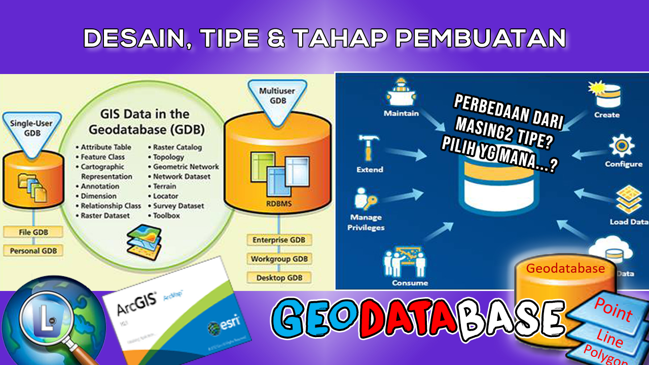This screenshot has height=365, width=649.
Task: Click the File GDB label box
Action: tap(33, 232)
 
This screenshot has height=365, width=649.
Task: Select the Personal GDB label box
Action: tap(33, 250)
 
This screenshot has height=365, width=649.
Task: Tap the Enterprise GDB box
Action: tap(278, 240)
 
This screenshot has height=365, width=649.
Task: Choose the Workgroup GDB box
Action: tap(278, 259)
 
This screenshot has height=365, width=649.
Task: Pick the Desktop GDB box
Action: tap(278, 277)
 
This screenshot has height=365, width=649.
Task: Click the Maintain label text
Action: tap(401, 114)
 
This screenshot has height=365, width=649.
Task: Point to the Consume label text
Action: tap(410, 283)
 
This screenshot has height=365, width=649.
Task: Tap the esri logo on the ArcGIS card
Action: tap(223, 325)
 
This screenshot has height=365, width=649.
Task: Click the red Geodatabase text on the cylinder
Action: tap(565, 269)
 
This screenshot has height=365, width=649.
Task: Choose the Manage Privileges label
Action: tap(366, 223)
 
